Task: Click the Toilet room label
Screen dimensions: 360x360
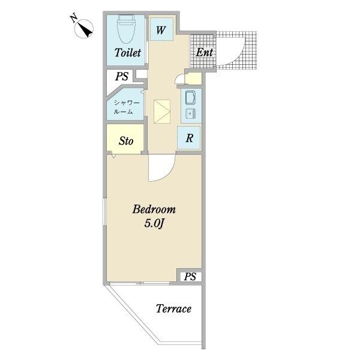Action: pos(128,53)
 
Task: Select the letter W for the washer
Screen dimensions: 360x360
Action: pos(161,30)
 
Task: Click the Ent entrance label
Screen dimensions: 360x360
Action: pos(204,52)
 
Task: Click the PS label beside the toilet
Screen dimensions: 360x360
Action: pos(121,76)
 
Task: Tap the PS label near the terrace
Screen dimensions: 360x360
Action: pos(190,277)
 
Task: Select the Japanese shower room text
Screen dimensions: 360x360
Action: pos(127,107)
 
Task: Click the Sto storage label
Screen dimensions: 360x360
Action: pos(126,141)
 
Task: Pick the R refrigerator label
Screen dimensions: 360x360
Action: pos(189,138)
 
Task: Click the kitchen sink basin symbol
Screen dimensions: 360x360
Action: pos(190,98)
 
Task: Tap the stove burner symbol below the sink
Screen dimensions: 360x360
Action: pos(190,113)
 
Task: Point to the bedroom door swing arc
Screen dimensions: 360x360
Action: pos(169,174)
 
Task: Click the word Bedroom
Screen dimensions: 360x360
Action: pos(154,209)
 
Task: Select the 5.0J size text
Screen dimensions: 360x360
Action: pos(154,223)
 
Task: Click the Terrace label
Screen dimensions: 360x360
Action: pos(173,309)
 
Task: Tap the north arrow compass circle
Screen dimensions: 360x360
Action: pos(84,29)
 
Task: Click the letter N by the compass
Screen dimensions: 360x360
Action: pos(74,19)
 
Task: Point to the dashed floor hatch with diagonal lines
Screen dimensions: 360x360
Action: pos(162,112)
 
